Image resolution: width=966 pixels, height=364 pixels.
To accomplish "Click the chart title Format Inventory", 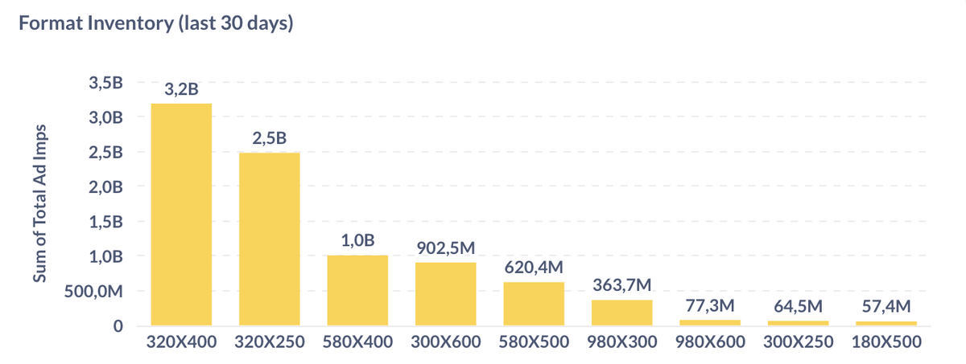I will click(x=155, y=24).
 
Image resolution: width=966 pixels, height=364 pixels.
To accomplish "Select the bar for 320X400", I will click(x=181, y=215).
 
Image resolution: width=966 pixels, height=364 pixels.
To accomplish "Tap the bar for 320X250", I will click(x=269, y=239).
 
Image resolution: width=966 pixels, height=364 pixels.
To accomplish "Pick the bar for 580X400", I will click(x=357, y=290).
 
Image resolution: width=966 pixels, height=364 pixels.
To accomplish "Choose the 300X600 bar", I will click(x=445, y=293).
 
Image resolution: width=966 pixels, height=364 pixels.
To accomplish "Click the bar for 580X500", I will click(x=534, y=304).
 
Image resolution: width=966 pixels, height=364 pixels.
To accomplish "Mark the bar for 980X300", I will click(x=621, y=313).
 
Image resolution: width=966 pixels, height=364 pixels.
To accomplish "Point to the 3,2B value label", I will click(x=181, y=90).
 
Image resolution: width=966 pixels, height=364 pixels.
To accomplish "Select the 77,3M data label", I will click(x=709, y=306).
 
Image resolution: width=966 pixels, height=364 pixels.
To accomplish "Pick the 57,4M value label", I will click(x=885, y=307).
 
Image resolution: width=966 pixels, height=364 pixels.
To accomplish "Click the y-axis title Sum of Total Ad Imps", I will click(x=39, y=204).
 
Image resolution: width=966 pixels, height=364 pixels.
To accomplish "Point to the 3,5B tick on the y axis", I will click(x=107, y=83).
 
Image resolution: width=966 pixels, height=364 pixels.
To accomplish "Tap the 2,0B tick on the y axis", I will click(x=107, y=187).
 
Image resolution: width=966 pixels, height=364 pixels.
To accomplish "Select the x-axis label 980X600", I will click(x=709, y=342).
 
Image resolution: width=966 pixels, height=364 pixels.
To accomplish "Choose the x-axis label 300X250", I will click(x=798, y=342).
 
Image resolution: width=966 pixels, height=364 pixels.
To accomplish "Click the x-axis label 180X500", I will click(x=885, y=342).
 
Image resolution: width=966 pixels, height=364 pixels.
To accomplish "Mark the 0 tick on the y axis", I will click(x=118, y=326).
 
